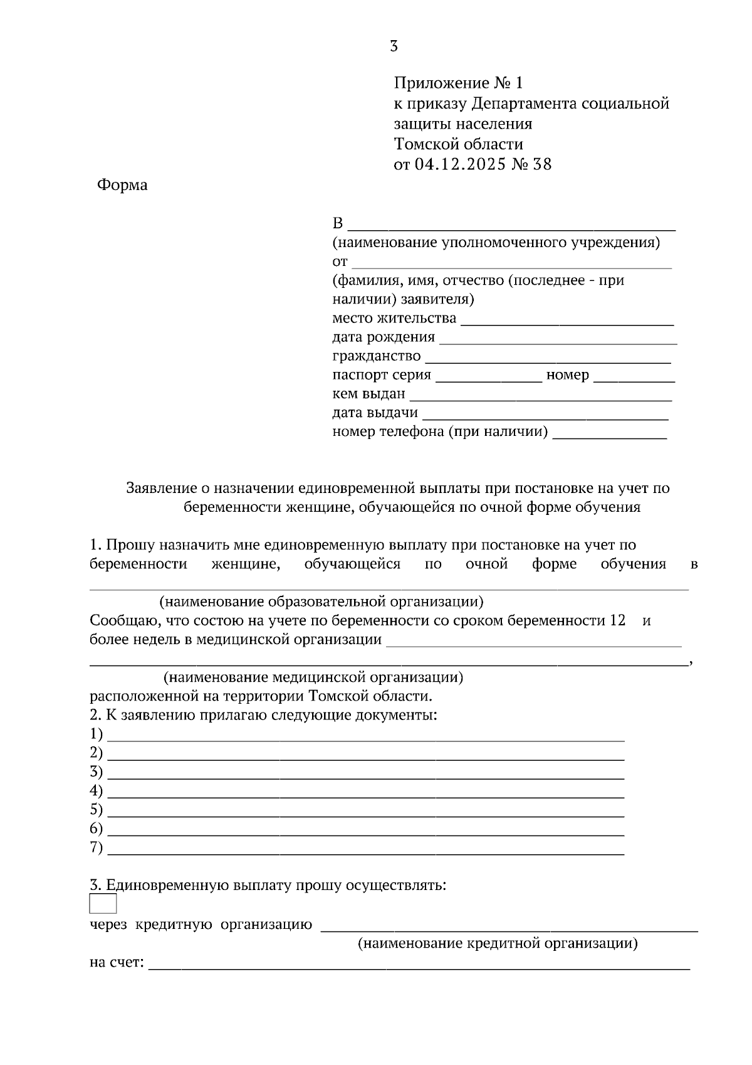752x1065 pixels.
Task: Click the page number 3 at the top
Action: (x=394, y=46)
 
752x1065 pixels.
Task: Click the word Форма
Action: (x=122, y=185)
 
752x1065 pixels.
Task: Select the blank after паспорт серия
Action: (x=488, y=378)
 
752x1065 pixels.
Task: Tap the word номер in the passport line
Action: (x=568, y=375)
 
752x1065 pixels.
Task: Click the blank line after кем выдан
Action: (x=540, y=396)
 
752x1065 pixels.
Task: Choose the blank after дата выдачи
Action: (x=545, y=415)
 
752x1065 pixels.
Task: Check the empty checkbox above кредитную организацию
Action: (x=103, y=904)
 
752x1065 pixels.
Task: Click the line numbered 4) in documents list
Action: (x=367, y=793)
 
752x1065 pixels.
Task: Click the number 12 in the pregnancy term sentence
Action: (x=617, y=621)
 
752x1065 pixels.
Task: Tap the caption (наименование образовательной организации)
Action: (x=321, y=602)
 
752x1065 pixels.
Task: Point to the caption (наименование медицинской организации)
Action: (x=313, y=678)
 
